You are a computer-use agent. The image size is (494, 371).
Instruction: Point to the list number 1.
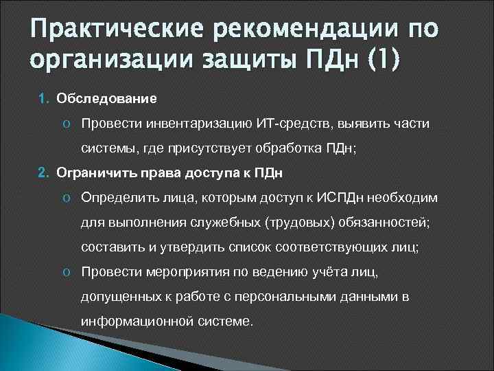pos(42,99)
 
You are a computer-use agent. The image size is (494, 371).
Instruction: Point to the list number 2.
pos(42,171)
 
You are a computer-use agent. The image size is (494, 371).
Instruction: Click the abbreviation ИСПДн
pos(342,197)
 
